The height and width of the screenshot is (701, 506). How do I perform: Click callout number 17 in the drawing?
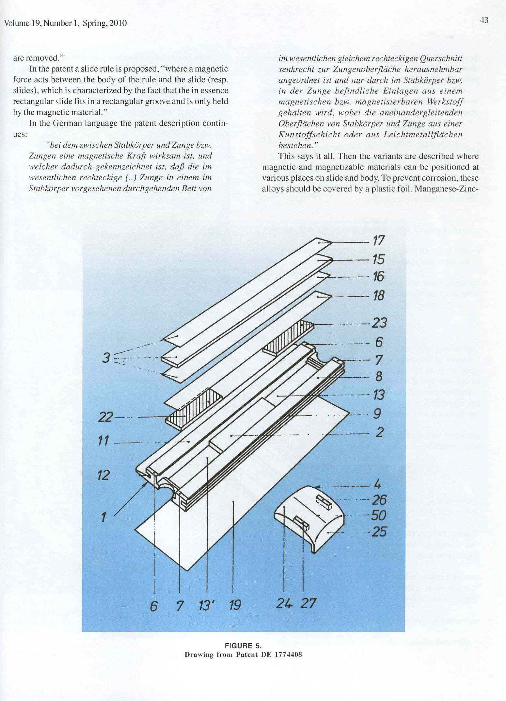(x=379, y=241)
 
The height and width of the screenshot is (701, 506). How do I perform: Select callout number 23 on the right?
(x=379, y=323)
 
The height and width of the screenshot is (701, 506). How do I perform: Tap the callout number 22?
(x=105, y=417)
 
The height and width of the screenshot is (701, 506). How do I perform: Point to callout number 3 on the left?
(x=106, y=358)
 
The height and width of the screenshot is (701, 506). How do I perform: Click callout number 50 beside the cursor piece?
(x=379, y=515)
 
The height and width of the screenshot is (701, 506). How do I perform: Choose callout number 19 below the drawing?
(x=235, y=605)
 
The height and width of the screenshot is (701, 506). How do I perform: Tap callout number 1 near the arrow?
(x=103, y=517)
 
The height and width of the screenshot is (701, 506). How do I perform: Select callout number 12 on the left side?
(x=103, y=475)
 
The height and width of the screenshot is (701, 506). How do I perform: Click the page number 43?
(x=484, y=20)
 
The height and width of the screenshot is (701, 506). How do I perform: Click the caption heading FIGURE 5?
(x=243, y=646)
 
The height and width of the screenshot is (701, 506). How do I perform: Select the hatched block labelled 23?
(x=288, y=336)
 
